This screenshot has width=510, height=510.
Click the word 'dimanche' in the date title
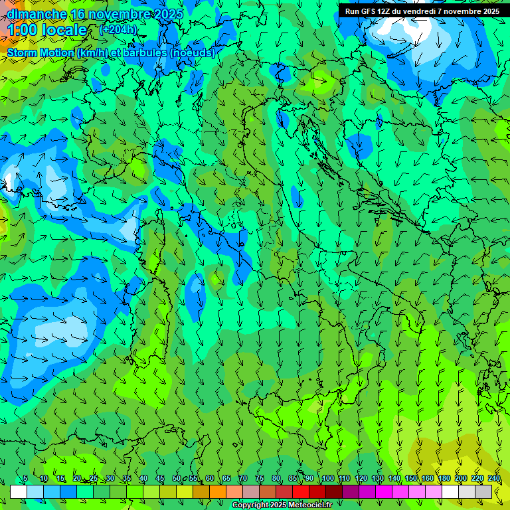pos(37,14)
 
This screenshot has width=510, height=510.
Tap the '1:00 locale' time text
pos(47,30)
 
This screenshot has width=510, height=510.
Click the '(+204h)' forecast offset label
pos(118,29)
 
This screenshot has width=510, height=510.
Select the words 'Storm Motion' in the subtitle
pos(41,53)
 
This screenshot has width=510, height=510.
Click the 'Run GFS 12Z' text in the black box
pos(367,11)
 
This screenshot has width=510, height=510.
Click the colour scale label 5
pos(25,479)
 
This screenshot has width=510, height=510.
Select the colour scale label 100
pos(328,479)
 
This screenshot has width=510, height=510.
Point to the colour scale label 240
pos(494,479)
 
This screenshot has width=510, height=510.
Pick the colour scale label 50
pos(177,479)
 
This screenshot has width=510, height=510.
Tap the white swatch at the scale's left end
pos(19,491)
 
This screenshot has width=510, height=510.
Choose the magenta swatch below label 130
pos(384,491)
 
